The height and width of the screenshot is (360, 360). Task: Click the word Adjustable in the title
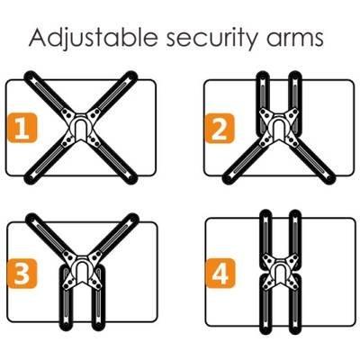[x=94, y=37]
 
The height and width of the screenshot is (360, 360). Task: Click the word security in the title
[x=211, y=39]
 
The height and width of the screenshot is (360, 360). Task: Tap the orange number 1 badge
[x=22, y=128]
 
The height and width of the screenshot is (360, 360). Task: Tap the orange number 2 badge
[x=220, y=128]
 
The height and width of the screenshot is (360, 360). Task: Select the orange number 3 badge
[x=22, y=274]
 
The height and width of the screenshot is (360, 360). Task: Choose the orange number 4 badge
[x=220, y=273]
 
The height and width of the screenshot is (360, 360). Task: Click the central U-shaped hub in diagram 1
[x=80, y=127]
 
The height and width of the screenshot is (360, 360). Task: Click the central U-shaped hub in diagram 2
[x=279, y=127]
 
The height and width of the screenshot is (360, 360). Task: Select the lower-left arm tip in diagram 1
[x=31, y=178]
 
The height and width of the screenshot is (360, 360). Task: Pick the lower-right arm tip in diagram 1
[x=131, y=178]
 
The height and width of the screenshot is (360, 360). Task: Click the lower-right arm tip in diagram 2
[x=329, y=178]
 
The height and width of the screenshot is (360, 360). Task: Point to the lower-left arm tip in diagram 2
[x=229, y=178]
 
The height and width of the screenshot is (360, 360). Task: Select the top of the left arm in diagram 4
[x=265, y=216]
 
